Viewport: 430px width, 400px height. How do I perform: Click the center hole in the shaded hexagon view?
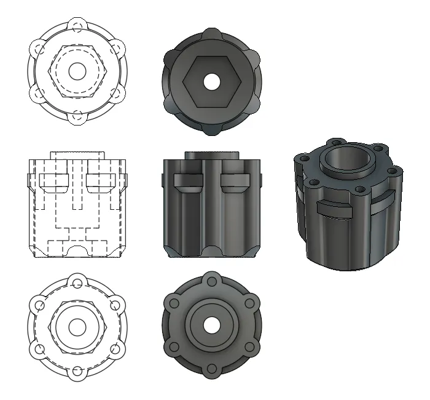click(212, 81)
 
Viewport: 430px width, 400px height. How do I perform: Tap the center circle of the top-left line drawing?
click(77, 71)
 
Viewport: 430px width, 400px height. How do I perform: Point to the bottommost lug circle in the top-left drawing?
click(77, 115)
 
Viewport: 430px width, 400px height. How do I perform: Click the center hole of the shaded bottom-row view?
click(212, 325)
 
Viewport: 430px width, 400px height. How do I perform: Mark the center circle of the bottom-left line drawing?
click(77, 326)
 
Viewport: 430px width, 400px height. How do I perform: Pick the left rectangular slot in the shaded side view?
click(188, 180)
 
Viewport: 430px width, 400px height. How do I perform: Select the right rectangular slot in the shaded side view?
click(236, 180)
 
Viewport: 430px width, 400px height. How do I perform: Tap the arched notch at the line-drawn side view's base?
click(77, 251)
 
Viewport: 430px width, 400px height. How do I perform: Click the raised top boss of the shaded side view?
click(212, 154)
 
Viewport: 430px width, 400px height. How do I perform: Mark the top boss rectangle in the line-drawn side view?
click(77, 154)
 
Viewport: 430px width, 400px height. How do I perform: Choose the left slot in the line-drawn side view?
click(53, 180)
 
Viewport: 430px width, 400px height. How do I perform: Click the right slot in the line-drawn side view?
click(101, 180)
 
